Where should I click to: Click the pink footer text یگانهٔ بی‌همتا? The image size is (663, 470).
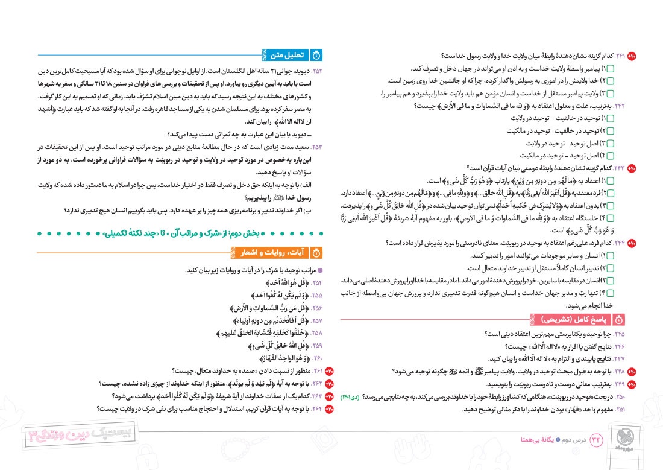[522, 440]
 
